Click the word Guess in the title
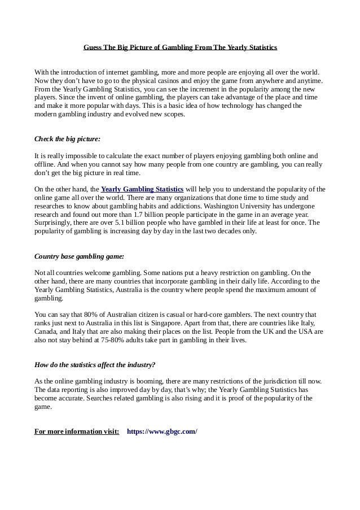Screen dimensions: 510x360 pos(93,47)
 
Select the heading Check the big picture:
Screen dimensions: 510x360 pos(68,138)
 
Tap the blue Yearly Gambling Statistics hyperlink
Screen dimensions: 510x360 pos(142,189)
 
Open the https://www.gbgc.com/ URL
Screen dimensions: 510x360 pos(162,431)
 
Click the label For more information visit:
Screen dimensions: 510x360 pos(77,431)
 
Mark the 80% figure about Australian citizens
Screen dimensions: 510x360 pos(89,314)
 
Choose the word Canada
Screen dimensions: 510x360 pos(46,331)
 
